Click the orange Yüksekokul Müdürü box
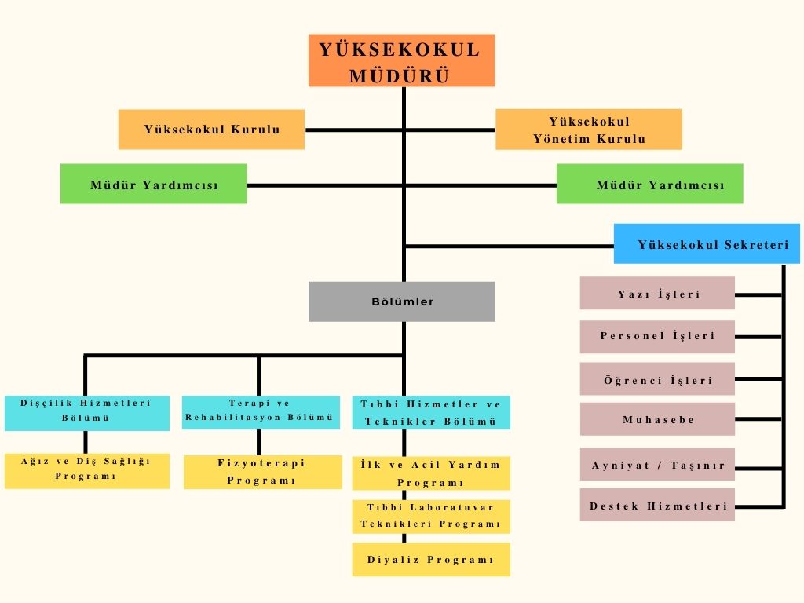401,60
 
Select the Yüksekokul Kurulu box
211,130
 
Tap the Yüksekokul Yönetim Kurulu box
588,130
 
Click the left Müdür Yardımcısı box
153,185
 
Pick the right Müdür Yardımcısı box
649,185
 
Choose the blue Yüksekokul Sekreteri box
706,244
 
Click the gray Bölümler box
401,301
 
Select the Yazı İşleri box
657,294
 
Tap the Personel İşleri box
657,336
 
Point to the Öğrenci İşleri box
657,379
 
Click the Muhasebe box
657,419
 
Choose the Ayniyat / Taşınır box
657,465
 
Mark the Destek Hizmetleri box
657,506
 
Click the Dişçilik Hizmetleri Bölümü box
86,411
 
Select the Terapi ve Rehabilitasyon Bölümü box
261,411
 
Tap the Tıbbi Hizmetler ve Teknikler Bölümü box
430,412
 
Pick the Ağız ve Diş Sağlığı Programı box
86,470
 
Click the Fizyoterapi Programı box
262,472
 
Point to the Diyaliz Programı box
430,560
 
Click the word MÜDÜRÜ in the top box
399,75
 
